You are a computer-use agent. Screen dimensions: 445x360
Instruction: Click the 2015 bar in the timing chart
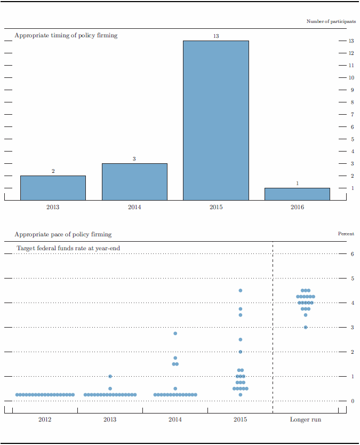click(x=215, y=120)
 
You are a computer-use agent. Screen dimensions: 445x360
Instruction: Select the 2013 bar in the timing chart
click(x=53, y=188)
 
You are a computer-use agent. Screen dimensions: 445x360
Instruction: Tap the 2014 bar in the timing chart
click(x=134, y=181)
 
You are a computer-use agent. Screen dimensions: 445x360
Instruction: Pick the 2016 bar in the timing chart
click(x=297, y=194)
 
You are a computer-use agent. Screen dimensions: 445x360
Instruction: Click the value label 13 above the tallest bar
click(x=215, y=36)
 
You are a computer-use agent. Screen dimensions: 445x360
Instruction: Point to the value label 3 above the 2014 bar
click(x=134, y=159)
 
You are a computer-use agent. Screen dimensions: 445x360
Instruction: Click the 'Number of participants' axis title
click(x=331, y=21)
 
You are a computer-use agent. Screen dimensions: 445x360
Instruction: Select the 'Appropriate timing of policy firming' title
click(x=66, y=35)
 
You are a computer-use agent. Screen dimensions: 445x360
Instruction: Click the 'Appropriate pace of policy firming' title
click(x=63, y=234)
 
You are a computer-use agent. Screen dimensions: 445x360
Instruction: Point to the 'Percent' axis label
click(x=346, y=234)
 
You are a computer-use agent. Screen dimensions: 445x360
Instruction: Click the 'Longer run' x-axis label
click(x=306, y=420)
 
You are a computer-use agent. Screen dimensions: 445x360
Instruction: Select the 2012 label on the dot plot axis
click(x=45, y=420)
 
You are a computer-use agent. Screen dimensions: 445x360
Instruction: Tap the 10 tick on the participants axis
click(x=351, y=77)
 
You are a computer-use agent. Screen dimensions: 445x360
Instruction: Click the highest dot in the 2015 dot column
click(x=241, y=290)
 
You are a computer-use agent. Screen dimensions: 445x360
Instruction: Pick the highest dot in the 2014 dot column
click(x=175, y=333)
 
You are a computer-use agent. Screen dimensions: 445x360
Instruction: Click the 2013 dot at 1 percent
click(x=110, y=376)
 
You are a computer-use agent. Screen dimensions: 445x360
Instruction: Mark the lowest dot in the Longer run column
click(x=306, y=327)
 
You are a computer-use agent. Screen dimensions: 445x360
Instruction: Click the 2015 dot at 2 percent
click(x=241, y=352)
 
